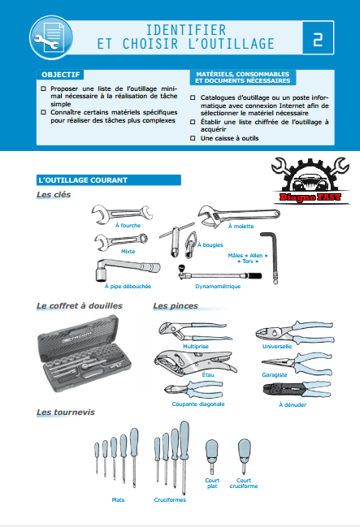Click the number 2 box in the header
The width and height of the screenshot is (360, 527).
click(318, 37)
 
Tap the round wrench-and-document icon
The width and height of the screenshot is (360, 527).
click(51, 37)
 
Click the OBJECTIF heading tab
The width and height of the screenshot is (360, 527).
click(61, 75)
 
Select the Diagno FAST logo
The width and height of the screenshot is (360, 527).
click(310, 180)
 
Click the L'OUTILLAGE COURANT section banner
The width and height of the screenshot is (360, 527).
click(109, 180)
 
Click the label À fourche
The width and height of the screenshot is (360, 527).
click(128, 226)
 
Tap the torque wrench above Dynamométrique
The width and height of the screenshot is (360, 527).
click(219, 274)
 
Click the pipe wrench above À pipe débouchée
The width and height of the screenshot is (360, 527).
click(127, 269)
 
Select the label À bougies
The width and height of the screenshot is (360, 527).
click(210, 245)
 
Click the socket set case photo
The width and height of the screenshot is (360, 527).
click(85, 353)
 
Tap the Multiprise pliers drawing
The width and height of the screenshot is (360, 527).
click(195, 331)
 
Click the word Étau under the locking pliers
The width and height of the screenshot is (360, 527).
click(208, 375)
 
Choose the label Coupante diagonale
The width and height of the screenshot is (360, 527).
click(198, 404)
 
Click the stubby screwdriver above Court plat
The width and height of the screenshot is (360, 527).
click(212, 456)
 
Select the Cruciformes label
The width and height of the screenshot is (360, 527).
click(170, 499)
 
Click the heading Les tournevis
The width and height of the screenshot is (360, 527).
click(66, 412)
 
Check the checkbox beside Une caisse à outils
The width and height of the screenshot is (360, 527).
click(193, 138)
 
